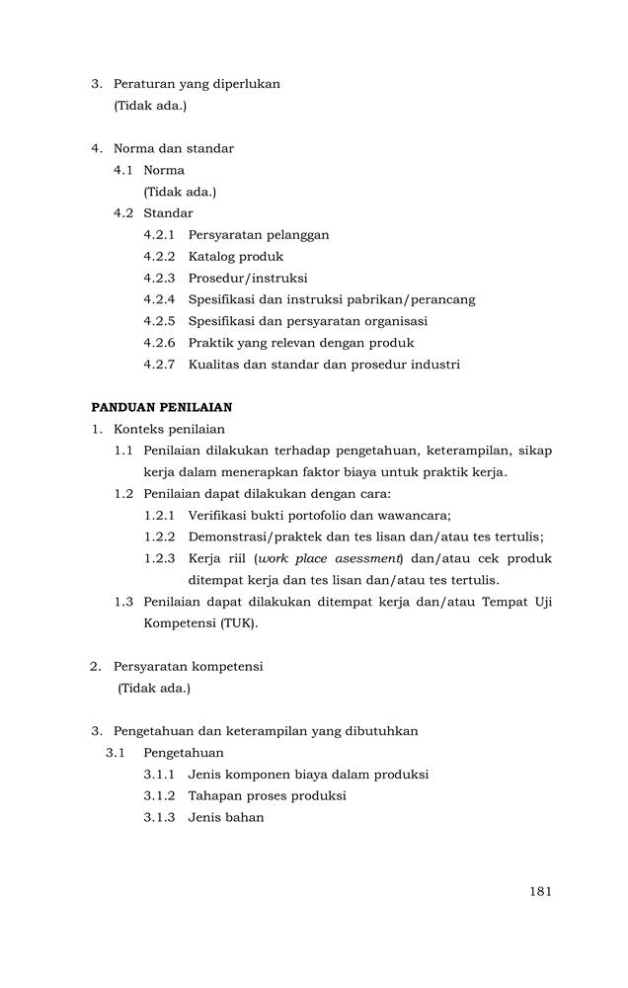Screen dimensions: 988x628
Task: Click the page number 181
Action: pos(539,891)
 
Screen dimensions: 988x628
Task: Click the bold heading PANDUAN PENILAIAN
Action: pos(162,407)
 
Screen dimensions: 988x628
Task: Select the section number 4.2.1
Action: pos(159,235)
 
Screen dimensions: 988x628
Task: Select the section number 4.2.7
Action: pos(159,365)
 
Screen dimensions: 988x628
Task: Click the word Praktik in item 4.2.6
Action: pos(210,343)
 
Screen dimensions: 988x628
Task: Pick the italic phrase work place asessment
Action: pos(313,558)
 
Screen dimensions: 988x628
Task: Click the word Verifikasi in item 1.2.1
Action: pos(219,515)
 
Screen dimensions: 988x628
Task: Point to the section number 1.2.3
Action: pos(159,558)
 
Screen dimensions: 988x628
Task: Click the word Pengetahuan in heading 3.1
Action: pos(184,753)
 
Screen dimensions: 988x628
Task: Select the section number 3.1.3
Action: pos(159,817)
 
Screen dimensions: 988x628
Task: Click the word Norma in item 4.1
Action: pos(164,170)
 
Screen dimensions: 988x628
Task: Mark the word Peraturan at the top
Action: pos(144,84)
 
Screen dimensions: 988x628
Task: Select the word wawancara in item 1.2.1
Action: pos(415,515)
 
